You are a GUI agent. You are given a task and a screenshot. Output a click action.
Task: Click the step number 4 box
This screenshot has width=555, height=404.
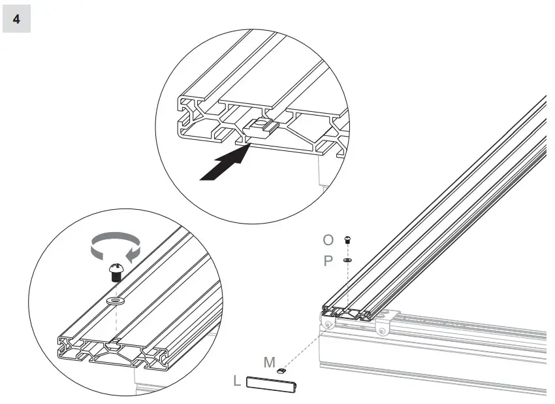[16, 19]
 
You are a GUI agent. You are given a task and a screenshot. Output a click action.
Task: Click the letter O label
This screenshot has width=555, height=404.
[328, 241]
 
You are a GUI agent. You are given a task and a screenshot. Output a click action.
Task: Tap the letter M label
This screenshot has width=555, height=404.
[269, 362]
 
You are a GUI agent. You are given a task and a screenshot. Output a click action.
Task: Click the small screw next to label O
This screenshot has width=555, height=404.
[348, 240]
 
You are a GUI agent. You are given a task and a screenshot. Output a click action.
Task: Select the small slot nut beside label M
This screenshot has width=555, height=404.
[283, 370]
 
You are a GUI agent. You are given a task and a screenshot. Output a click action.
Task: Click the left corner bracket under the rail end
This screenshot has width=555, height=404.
[328, 322]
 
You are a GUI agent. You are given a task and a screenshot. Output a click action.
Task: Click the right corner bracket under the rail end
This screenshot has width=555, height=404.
[383, 325]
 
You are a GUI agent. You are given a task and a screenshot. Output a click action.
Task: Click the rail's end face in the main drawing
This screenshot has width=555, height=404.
[347, 313]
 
